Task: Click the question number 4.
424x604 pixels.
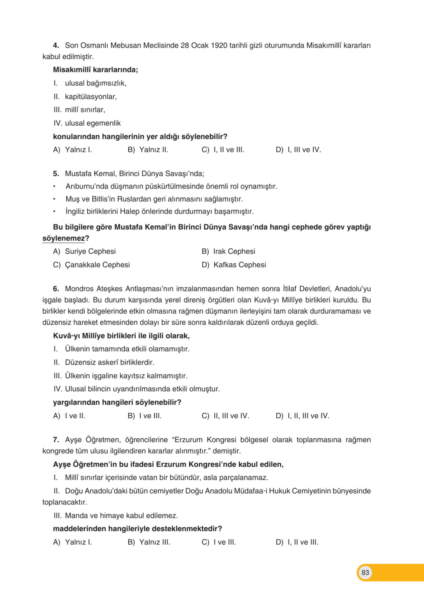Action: coord(56,46)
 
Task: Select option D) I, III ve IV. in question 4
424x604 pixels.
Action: coord(298,150)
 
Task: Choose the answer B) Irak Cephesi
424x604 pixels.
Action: coord(228,251)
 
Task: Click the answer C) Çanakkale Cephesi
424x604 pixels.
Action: coord(91,265)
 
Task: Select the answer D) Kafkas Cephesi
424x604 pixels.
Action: coord(234,265)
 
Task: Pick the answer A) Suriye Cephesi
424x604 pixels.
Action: coord(84,251)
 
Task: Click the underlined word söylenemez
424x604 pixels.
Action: coord(63,238)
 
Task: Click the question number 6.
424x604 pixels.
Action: coord(56,289)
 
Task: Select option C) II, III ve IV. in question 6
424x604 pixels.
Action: coord(225,416)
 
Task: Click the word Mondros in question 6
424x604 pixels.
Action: coord(79,289)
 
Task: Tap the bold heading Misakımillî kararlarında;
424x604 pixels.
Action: coord(95,70)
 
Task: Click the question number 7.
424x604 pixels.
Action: coord(56,440)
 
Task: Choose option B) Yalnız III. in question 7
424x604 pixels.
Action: coord(149,542)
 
